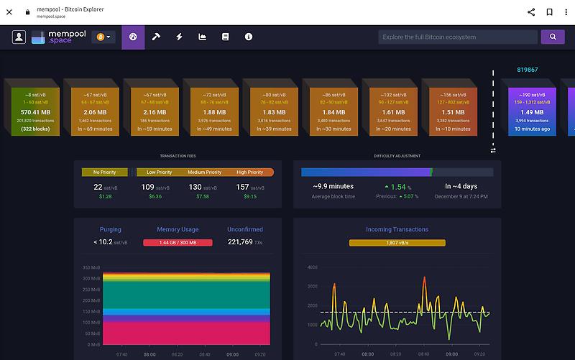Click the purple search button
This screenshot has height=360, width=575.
pyautogui.click(x=552, y=37)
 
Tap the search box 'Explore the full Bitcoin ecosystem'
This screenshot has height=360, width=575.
pyautogui.click(x=458, y=37)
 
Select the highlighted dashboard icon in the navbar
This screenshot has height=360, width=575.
pyautogui.click(x=133, y=37)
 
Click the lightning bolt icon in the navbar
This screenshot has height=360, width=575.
pyautogui.click(x=179, y=37)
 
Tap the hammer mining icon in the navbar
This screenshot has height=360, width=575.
pyautogui.click(x=155, y=37)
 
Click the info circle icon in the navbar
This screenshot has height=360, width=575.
pyautogui.click(x=249, y=37)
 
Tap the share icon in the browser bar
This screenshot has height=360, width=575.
pyautogui.click(x=531, y=11)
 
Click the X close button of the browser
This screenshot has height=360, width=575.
pyautogui.click(x=9, y=11)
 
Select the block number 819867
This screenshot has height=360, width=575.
pyautogui.click(x=527, y=70)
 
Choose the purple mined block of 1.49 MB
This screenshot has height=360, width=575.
pyautogui.click(x=532, y=111)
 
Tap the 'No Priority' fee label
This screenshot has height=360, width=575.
pyautogui.click(x=105, y=172)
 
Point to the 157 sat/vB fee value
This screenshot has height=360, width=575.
pyautogui.click(x=246, y=187)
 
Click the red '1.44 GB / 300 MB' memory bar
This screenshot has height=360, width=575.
pyautogui.click(x=178, y=243)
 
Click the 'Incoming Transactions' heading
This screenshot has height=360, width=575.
pyautogui.click(x=397, y=229)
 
